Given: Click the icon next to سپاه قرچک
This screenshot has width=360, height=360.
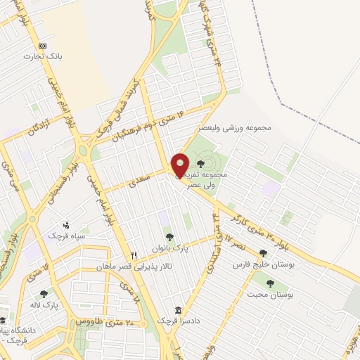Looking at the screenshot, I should (65, 225).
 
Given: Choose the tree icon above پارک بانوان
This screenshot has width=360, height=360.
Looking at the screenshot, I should (168, 236).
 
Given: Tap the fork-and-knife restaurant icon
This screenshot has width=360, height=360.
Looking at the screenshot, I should (133, 255).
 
